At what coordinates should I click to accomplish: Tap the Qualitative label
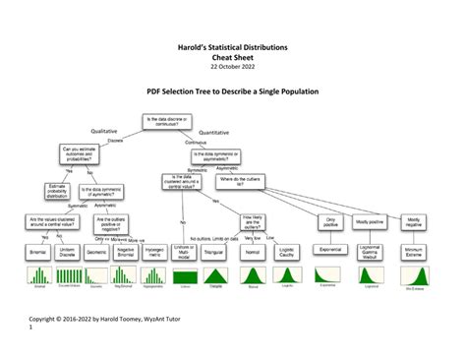tap(108, 131)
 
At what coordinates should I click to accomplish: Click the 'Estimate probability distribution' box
tap(58, 191)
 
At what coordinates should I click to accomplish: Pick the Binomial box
tap(38, 252)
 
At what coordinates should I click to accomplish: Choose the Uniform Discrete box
tap(69, 252)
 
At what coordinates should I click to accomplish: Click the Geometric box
tap(97, 252)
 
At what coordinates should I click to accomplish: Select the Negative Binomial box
tap(126, 252)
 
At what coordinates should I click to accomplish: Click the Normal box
tap(253, 252)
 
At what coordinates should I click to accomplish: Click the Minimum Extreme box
tap(412, 252)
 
